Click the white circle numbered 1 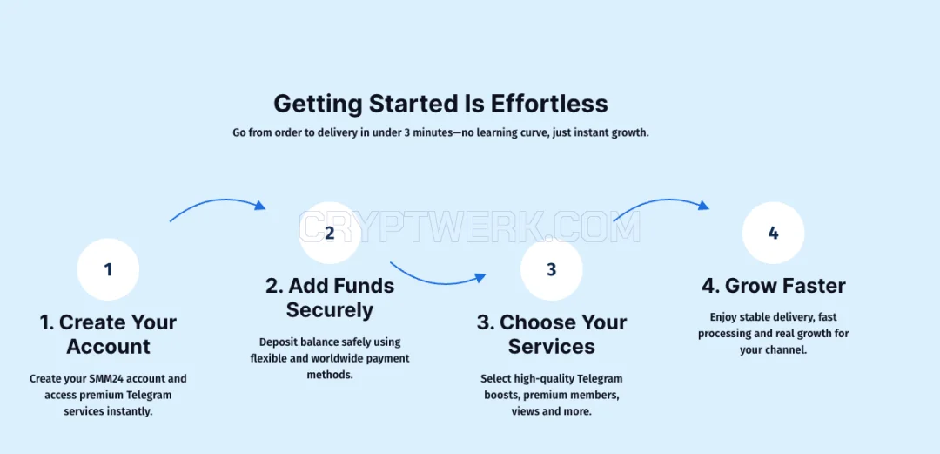pos(108,269)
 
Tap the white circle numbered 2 pos(329,233)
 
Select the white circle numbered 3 pos(552,269)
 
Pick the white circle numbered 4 pos(774,233)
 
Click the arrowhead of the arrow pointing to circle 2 pos(260,206)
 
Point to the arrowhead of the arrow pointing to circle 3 pos(480,277)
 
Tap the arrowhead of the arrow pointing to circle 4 pos(704,206)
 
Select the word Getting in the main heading pos(318,105)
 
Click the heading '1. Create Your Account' pos(109,335)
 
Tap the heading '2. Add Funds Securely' pos(330,298)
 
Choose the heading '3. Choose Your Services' pos(552,335)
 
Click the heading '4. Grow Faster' pos(774,286)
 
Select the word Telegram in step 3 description pos(600,379)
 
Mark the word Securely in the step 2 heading pos(330,311)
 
